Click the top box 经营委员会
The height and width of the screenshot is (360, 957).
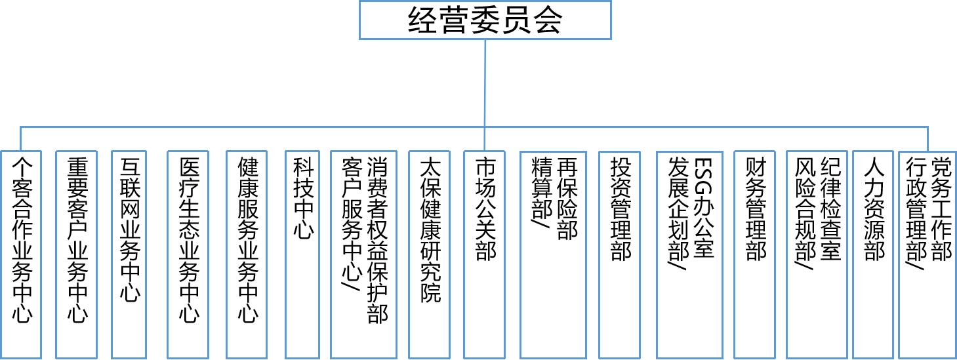point(485,20)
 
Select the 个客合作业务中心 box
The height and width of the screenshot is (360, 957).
point(21,254)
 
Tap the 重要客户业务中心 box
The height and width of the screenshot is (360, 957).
point(77,254)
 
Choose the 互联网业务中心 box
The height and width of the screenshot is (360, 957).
point(129,254)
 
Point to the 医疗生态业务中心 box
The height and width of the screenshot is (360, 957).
point(188,254)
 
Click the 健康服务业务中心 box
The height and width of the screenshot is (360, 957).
point(247,254)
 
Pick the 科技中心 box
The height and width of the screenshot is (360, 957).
point(302,254)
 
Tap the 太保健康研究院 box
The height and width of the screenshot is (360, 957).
point(430,254)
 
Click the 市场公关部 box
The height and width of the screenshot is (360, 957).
point(485,254)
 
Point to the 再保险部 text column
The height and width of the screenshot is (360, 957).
point(567,199)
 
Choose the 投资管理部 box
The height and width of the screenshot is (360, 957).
point(619,254)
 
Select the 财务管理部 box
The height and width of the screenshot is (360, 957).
point(754,254)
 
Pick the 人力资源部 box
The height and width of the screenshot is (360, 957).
point(873,254)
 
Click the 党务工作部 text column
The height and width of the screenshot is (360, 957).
point(941,209)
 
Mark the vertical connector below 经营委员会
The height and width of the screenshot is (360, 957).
point(485,95)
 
